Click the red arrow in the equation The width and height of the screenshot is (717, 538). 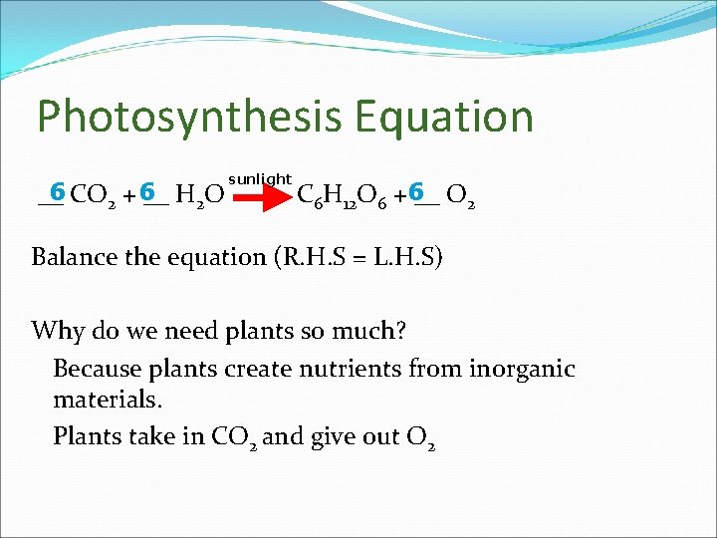click(261, 197)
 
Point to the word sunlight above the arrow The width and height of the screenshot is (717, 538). click(260, 179)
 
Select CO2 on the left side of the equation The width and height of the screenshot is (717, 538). click(97, 196)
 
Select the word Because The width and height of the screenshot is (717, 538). click(98, 369)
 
